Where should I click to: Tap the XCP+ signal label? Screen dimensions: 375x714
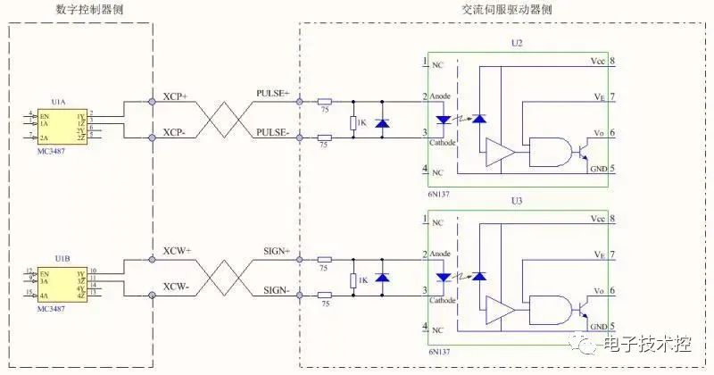tap(175, 96)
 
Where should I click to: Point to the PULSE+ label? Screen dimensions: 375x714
tap(273, 93)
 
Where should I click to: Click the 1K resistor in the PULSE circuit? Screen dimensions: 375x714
tap(354, 122)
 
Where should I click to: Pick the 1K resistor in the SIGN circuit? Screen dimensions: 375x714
tap(354, 280)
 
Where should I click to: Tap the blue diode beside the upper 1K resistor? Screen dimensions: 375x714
tap(383, 122)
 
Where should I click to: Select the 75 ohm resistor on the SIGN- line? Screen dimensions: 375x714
tap(324, 296)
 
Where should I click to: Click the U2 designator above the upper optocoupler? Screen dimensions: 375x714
tap(517, 43)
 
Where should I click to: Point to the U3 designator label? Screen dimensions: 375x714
tap(517, 202)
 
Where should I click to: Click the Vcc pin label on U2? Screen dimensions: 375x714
tap(597, 62)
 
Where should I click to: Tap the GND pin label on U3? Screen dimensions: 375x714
tap(599, 327)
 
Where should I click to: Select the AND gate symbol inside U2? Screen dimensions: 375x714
tap(548, 151)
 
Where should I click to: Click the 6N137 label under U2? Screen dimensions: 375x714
tap(436, 192)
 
